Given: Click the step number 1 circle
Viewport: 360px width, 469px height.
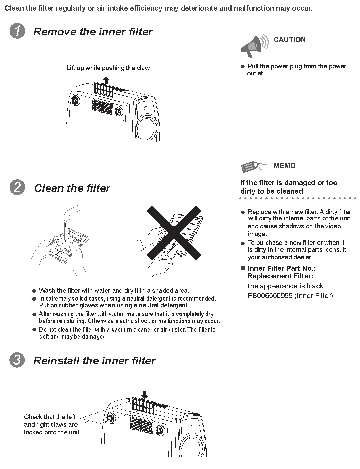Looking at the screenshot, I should [17, 32].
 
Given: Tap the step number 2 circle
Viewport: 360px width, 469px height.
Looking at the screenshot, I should [17, 188].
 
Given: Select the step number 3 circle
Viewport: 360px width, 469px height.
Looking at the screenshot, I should [17, 360].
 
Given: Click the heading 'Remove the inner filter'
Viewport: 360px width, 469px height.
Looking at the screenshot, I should [93, 32].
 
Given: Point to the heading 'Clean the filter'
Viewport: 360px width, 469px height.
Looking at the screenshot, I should [72, 188].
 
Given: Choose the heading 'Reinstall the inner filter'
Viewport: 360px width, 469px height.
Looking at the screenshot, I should [94, 360].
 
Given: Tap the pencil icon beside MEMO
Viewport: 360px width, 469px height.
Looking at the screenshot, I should [252, 167].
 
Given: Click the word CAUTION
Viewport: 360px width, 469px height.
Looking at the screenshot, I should [289, 40].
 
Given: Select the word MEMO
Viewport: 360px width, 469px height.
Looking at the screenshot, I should [285, 166].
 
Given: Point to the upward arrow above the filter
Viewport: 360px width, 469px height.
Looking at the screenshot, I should [106, 80].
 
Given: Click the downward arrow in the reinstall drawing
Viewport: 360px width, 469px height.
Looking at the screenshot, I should [145, 395].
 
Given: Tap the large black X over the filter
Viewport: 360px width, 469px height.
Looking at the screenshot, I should [174, 232].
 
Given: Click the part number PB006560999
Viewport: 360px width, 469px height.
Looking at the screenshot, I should [270, 296].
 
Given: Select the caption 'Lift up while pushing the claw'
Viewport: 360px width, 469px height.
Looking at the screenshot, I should [108, 68].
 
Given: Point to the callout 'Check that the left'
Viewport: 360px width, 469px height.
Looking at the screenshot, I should [50, 417].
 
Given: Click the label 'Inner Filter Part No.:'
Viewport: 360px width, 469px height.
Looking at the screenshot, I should [281, 268].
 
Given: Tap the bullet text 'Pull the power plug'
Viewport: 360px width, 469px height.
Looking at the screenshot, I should [297, 66].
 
